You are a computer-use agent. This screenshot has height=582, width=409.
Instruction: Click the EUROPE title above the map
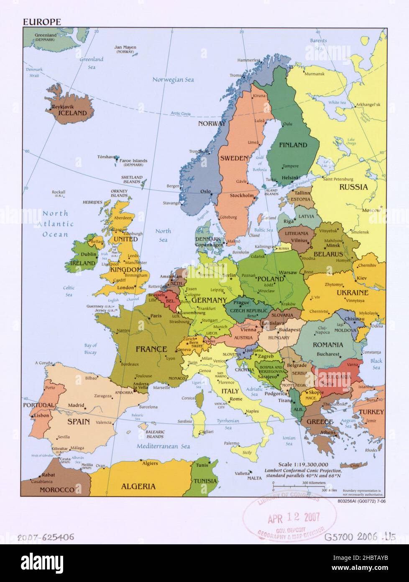42,22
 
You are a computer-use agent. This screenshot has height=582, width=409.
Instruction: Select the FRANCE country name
151,348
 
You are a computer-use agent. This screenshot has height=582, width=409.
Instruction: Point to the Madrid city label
76,405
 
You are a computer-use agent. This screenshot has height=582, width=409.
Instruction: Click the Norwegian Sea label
173,80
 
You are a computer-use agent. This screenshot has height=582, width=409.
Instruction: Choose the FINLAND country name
293,145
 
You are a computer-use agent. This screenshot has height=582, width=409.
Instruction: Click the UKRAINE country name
353,292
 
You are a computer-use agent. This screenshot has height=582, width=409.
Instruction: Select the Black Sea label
376,364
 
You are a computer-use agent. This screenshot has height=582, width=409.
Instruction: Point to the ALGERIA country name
138,486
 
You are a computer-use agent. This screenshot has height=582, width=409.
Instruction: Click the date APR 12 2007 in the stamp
294,518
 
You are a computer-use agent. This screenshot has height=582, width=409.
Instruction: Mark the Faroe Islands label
133,161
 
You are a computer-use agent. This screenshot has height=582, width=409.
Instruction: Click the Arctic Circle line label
181,113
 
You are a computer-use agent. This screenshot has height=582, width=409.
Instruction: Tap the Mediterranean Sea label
163,446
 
